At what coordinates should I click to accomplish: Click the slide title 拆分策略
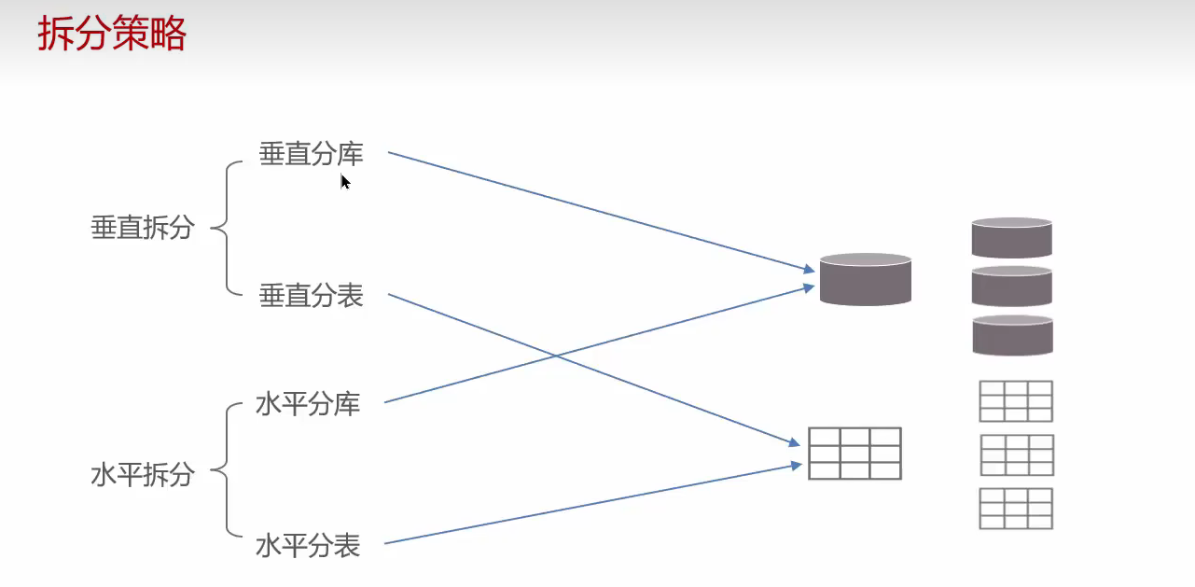tap(112, 34)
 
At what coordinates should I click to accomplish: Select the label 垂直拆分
tap(143, 227)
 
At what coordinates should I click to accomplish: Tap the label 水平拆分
tap(143, 474)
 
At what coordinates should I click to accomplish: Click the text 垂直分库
tap(311, 154)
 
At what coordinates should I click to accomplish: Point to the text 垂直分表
tap(311, 296)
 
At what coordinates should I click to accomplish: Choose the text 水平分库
tap(308, 405)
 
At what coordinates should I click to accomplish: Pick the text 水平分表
tap(308, 545)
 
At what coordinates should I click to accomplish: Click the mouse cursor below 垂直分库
tap(344, 181)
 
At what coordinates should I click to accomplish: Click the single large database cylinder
tap(865, 279)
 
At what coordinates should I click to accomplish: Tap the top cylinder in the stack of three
tap(1011, 237)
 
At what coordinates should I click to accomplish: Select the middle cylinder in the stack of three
tap(1011, 286)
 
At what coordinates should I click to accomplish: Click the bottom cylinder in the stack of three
tap(1012, 335)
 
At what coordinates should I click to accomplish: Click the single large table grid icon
tap(855, 454)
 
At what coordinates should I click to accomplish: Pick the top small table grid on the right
tap(1016, 401)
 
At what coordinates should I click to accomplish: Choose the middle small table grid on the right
tap(1017, 455)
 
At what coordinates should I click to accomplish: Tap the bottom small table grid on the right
tap(1017, 509)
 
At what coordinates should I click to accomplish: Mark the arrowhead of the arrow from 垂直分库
tap(810, 271)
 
